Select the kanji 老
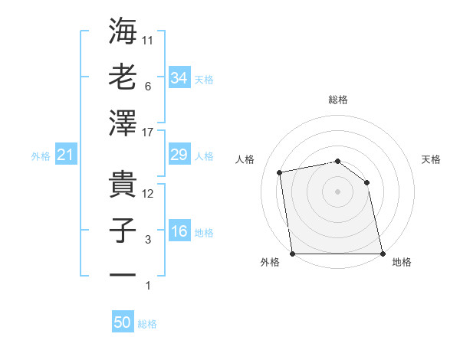pyautogui.click(x=123, y=77)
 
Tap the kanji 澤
pyautogui.click(x=123, y=123)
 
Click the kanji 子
pyautogui.click(x=123, y=231)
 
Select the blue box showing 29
pyautogui.click(x=179, y=155)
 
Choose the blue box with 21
pyautogui.click(x=66, y=155)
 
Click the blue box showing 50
pyautogui.click(x=123, y=322)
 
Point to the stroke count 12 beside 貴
pyautogui.click(x=149, y=195)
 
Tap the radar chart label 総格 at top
pyautogui.click(x=338, y=100)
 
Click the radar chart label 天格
pyautogui.click(x=432, y=159)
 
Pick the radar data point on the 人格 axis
pyautogui.click(x=281, y=172)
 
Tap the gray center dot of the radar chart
pyautogui.click(x=337, y=191)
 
